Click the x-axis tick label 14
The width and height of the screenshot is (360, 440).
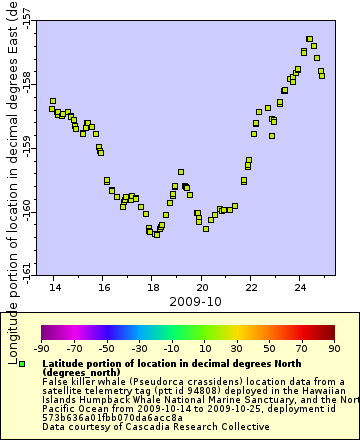(x=54, y=286)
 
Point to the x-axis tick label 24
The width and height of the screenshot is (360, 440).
(x=300, y=286)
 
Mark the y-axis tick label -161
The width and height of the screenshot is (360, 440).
(x=26, y=270)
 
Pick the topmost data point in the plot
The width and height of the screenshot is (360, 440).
(x=310, y=40)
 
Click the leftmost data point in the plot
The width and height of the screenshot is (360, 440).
(x=53, y=101)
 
